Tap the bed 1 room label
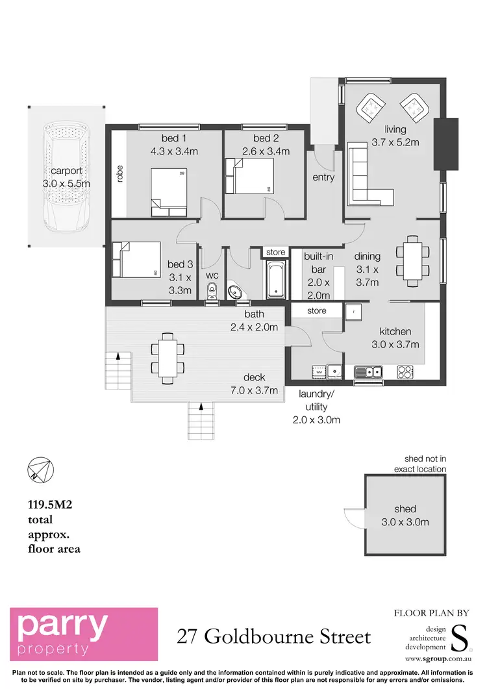pos(174,138)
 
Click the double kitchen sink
pos(369,372)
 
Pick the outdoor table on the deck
pos(167,357)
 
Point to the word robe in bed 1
pos(119,174)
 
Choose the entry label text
pos(323,177)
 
